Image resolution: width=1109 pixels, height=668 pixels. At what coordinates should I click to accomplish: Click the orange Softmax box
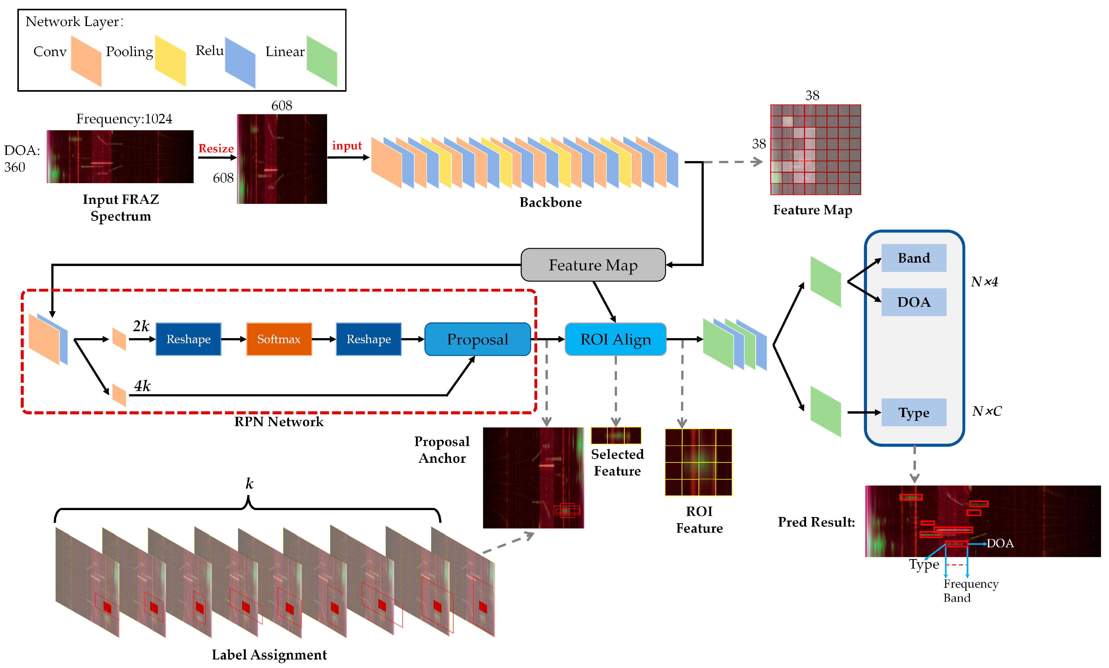click(x=279, y=339)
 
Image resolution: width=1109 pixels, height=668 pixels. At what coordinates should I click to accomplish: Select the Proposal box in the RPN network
click(x=478, y=339)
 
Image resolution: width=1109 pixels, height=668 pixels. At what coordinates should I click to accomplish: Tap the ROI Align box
click(x=615, y=339)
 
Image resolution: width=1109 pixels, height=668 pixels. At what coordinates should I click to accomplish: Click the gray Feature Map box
click(x=593, y=265)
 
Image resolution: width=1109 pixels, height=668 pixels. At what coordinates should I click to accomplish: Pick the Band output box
click(x=914, y=258)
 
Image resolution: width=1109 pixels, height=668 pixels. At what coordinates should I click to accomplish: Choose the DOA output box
click(x=914, y=302)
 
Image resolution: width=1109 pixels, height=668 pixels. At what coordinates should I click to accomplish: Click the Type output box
click(x=914, y=413)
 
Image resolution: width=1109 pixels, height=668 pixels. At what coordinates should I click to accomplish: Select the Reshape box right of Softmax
click(x=369, y=339)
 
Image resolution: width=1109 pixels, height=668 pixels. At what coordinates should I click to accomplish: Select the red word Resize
click(x=216, y=148)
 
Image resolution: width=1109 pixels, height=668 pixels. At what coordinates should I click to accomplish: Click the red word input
click(x=347, y=146)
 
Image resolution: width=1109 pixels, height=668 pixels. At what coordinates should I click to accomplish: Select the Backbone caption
click(x=551, y=203)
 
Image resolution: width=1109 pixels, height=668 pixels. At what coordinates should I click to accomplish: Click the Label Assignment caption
click(x=269, y=654)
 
